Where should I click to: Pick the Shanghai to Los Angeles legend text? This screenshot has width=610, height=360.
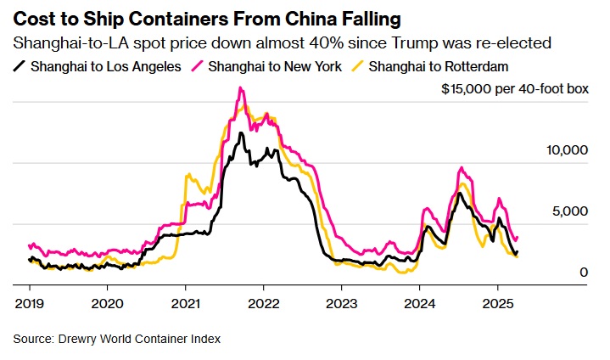click(105, 66)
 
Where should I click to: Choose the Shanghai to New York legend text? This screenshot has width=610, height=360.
click(275, 66)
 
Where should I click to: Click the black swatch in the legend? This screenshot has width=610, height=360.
click(20, 66)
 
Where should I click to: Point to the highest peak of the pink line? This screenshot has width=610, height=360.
click(242, 87)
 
